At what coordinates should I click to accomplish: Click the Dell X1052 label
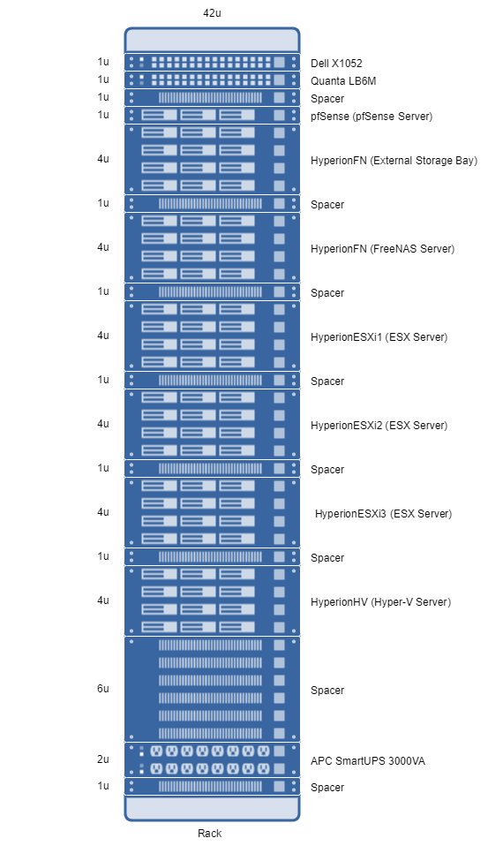click(336, 64)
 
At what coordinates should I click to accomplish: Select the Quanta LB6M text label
click(343, 80)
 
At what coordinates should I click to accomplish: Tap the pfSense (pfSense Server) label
click(372, 117)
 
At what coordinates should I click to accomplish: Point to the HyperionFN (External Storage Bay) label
click(394, 161)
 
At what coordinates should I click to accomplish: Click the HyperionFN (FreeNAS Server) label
click(382, 249)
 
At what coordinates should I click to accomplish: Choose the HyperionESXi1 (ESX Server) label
click(379, 337)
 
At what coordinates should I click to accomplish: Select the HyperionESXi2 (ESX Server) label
click(379, 426)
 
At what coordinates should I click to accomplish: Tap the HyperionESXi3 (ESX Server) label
click(383, 514)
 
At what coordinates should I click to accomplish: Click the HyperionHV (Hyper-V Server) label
click(380, 602)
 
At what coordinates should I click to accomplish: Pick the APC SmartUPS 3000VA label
click(367, 761)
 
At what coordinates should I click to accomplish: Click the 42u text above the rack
click(213, 13)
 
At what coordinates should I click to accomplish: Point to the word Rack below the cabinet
click(209, 834)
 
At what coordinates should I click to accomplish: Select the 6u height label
click(103, 689)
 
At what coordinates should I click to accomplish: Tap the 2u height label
click(103, 759)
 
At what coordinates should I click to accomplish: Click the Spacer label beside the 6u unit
click(327, 691)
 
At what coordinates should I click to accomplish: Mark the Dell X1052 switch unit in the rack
click(213, 62)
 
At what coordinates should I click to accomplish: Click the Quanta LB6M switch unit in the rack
click(213, 79)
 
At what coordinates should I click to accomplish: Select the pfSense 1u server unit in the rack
click(213, 115)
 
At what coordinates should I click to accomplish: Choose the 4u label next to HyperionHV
click(103, 600)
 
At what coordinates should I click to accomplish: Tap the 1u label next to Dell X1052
click(103, 62)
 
